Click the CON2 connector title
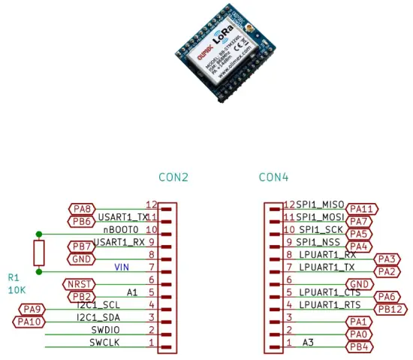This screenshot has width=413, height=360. click(173, 178)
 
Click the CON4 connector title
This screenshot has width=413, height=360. click(274, 178)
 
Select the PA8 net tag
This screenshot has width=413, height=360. click(81, 209)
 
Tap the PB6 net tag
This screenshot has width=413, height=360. click(81, 221)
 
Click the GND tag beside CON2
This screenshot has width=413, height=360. click(81, 259)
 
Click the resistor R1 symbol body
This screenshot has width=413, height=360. click(39, 253)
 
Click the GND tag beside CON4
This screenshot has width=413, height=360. click(361, 284)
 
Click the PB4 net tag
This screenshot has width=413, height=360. click(361, 346)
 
